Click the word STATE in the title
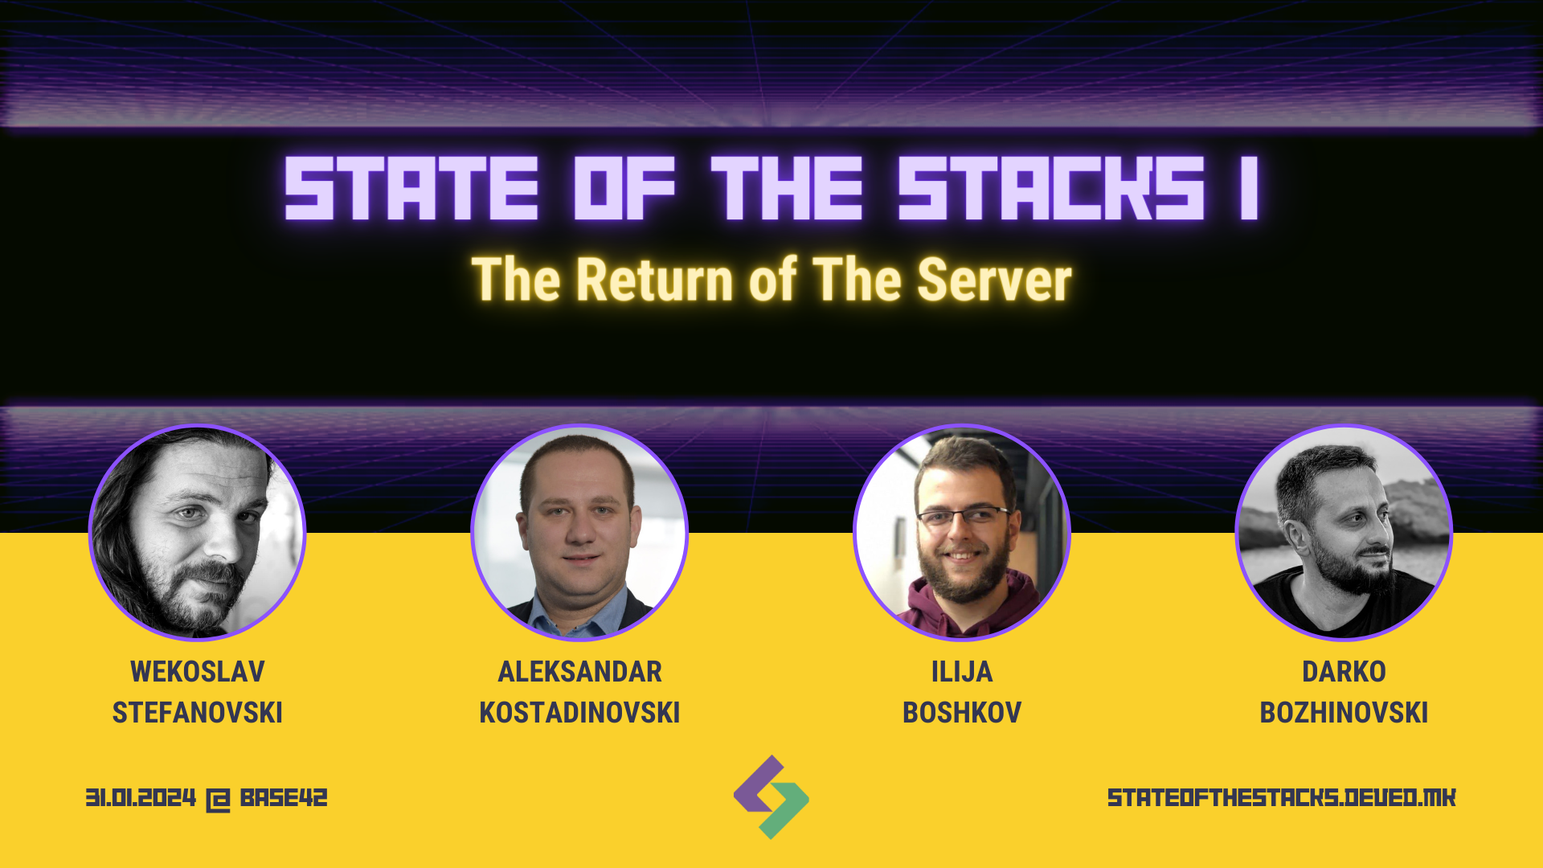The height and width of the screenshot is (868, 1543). [411, 188]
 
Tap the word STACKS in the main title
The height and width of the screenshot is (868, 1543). [1051, 188]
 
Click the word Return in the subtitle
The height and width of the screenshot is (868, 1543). [656, 279]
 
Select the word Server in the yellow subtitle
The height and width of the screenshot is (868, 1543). [995, 279]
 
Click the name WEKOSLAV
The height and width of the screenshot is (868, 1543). [198, 671]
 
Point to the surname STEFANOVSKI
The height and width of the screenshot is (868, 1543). [198, 712]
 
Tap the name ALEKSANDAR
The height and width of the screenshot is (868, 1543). [579, 671]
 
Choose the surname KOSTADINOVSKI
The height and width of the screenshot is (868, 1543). [579, 712]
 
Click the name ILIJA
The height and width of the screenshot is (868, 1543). [962, 671]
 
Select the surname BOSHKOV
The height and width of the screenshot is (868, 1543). [962, 712]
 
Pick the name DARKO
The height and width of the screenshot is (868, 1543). [1344, 671]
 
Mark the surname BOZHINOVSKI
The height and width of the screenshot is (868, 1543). [1344, 712]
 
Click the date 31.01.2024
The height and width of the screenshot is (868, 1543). [141, 797]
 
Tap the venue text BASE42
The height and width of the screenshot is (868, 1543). [284, 797]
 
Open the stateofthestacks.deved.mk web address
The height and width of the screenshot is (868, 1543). [1282, 797]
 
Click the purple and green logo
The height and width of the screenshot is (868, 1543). [771, 797]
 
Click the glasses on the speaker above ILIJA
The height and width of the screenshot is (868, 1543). [964, 515]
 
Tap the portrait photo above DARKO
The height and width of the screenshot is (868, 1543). [1344, 532]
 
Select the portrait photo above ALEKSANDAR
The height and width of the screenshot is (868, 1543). [579, 532]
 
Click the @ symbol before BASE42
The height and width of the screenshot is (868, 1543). [218, 799]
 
